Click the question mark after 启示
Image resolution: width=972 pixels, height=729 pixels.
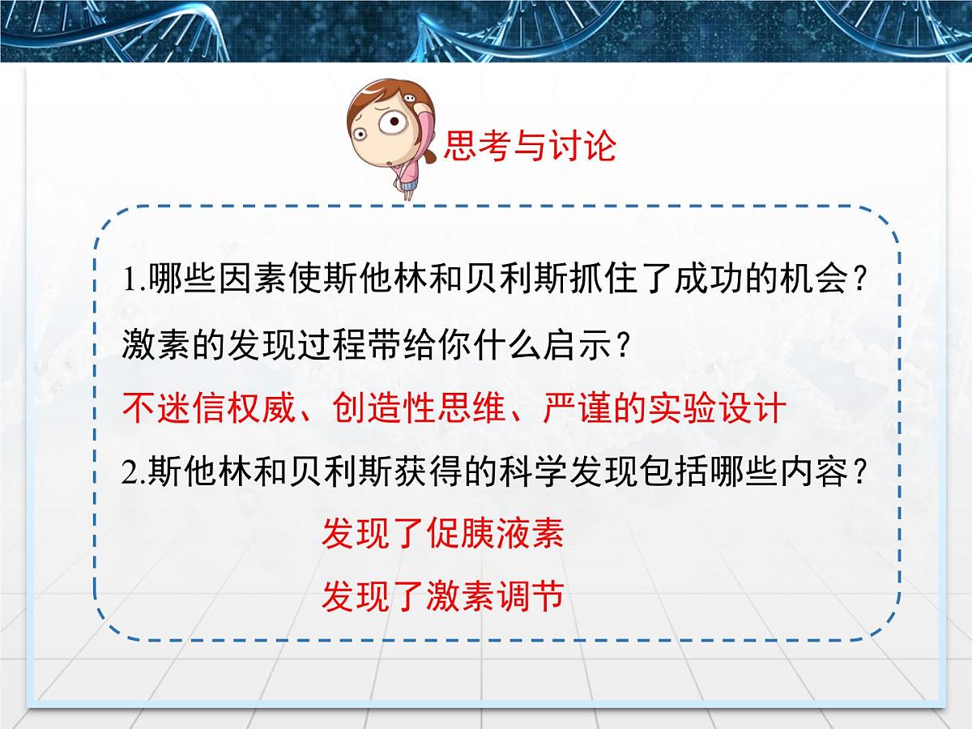623,346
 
